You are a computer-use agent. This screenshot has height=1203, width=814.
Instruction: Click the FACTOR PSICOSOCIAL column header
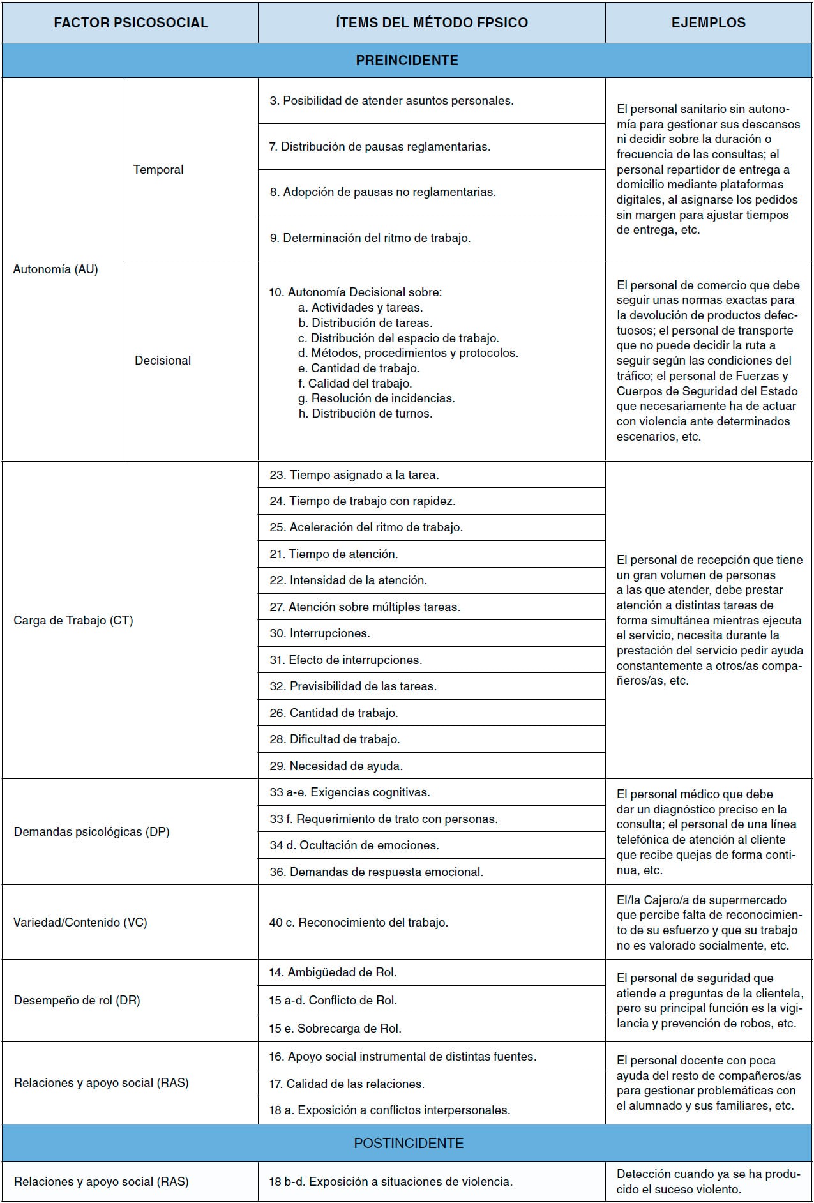click(130, 23)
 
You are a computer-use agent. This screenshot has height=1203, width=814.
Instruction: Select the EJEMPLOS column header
click(708, 23)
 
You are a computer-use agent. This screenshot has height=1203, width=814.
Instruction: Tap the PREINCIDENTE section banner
click(407, 61)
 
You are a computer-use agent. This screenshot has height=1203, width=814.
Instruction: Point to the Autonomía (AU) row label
click(56, 269)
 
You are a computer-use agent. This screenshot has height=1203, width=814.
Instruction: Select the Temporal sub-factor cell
click(158, 170)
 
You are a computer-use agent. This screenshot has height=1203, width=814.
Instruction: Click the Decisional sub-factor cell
click(163, 361)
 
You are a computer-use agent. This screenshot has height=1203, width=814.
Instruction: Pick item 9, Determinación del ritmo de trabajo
click(370, 238)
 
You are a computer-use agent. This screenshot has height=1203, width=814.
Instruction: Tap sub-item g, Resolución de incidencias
click(377, 398)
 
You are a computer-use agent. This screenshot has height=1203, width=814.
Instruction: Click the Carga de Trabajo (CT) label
click(73, 621)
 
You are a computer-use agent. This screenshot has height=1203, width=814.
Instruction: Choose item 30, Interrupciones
click(320, 633)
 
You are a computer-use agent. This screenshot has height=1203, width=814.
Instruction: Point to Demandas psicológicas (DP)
click(92, 832)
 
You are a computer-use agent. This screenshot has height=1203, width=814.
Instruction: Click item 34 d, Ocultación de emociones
click(354, 845)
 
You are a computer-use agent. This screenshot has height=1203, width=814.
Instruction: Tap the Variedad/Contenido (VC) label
click(80, 923)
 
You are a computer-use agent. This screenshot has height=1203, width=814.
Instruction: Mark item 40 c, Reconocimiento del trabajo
click(359, 923)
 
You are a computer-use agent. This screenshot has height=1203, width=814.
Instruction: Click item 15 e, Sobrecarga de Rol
click(335, 1029)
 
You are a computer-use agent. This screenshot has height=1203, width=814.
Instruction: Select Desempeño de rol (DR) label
click(77, 1001)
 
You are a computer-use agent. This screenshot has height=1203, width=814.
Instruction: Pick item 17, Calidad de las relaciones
click(347, 1084)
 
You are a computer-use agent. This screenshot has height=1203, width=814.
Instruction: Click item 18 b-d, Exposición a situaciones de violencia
click(391, 1182)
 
